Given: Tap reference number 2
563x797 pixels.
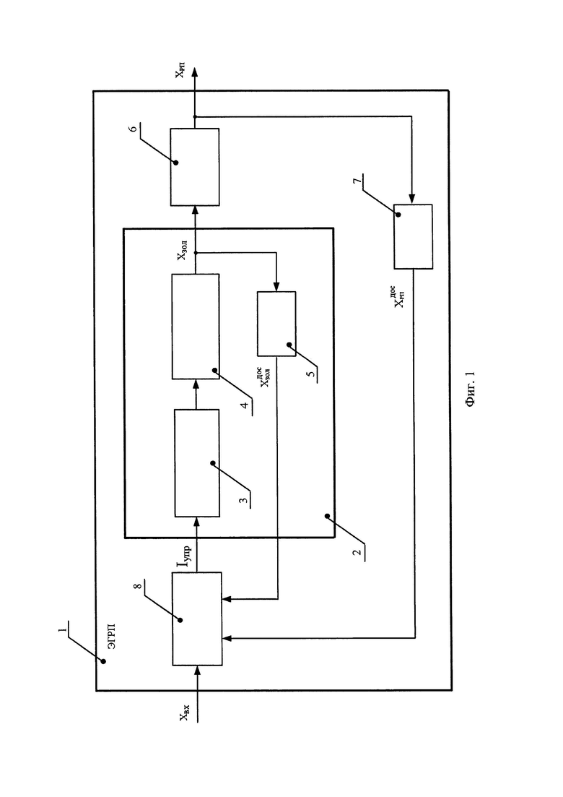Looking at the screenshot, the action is click(x=357, y=552).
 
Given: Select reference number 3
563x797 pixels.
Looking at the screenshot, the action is click(x=244, y=500).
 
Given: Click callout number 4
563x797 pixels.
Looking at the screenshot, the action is click(x=245, y=405).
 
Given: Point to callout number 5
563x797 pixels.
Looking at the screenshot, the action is click(x=310, y=374).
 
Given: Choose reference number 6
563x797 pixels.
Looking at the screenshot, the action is click(x=133, y=129).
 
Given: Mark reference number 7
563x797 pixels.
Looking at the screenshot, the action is click(x=357, y=181).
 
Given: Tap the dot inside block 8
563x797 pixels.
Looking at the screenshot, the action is click(x=180, y=619).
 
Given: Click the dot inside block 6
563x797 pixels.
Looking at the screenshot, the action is click(x=176, y=163).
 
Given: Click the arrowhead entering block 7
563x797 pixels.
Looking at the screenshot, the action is click(x=412, y=199).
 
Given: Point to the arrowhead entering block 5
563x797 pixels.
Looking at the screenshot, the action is click(x=276, y=287).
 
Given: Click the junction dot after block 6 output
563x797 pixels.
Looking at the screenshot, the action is click(x=195, y=117).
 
